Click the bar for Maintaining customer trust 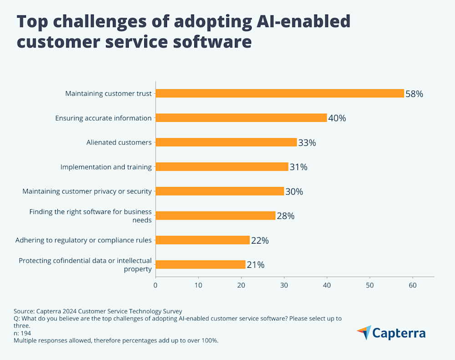[x=280, y=93]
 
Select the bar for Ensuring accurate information [x=241, y=118]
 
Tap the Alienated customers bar [x=226, y=142]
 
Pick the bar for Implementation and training [x=222, y=167]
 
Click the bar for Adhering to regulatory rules [x=202, y=240]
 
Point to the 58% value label [x=414, y=94]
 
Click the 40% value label [x=337, y=118]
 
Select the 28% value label [x=286, y=216]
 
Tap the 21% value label [x=255, y=265]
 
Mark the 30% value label [x=294, y=191]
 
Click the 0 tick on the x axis [x=156, y=285]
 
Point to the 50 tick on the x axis [x=369, y=285]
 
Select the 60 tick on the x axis [x=412, y=285]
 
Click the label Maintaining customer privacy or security [x=87, y=191]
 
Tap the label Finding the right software [x=91, y=212]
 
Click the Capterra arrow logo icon [x=364, y=333]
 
